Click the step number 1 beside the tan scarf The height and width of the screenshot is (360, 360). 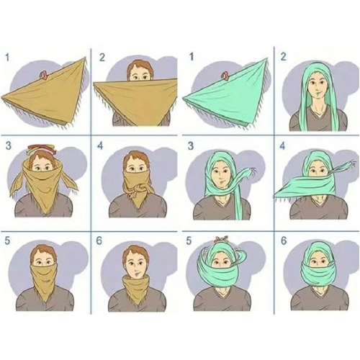[x=7, y=58]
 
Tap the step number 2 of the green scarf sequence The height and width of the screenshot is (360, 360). [x=284, y=57]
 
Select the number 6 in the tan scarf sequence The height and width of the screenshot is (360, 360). [x=99, y=240]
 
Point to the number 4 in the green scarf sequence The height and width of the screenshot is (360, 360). [x=282, y=146]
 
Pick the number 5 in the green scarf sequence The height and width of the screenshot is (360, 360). [x=189, y=240]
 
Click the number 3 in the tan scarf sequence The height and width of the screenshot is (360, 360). [x=9, y=146]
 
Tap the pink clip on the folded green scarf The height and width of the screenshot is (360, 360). [x=225, y=75]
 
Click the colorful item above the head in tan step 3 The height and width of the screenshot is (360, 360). [x=40, y=149]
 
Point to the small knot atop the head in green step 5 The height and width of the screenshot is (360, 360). [x=220, y=239]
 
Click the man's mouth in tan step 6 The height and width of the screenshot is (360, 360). [x=136, y=273]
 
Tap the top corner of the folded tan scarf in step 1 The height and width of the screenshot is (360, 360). [x=85, y=58]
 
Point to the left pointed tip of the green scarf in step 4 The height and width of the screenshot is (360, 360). [x=275, y=197]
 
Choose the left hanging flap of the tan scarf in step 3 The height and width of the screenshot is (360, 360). [x=17, y=184]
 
